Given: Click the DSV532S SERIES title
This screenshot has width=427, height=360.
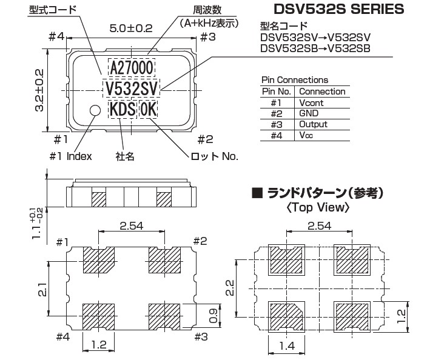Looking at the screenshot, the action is (x=339, y=9).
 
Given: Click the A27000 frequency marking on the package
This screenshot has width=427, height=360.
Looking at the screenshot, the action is (x=132, y=68).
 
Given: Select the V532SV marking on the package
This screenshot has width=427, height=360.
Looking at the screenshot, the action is (x=132, y=88).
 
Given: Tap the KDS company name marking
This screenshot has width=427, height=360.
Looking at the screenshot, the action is (x=123, y=109).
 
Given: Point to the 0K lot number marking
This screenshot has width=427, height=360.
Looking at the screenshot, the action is (x=149, y=109).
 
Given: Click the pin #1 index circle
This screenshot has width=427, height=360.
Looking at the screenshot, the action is (x=95, y=110).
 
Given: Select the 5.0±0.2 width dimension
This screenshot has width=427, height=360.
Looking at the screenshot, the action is (x=131, y=28).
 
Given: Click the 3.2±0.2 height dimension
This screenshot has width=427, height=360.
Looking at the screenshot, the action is (x=39, y=90).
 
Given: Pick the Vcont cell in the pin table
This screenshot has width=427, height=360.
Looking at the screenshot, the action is (x=311, y=103).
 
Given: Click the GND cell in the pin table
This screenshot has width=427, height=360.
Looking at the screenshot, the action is (x=309, y=113).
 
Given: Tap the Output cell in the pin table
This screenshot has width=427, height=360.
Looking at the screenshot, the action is (x=313, y=124).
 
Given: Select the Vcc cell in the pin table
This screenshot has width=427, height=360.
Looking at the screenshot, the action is (x=306, y=135).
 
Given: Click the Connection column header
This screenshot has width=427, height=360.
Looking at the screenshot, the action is (x=322, y=92).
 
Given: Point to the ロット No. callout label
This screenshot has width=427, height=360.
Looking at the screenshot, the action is (x=214, y=156).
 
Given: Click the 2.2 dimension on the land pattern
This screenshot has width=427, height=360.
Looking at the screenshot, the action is (x=230, y=288).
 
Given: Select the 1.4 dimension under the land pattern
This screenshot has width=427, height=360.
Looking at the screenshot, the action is (x=287, y=346).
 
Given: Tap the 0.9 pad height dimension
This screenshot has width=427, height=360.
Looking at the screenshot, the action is (x=213, y=316).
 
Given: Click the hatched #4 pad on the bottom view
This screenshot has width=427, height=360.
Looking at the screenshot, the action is (x=99, y=317).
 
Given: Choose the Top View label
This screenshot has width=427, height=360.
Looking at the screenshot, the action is (x=318, y=208).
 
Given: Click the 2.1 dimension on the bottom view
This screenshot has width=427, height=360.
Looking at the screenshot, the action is (x=42, y=289).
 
